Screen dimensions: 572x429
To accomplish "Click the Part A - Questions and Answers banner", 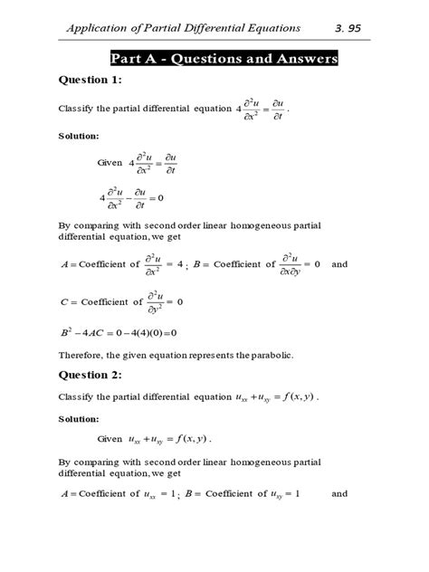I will (224, 60).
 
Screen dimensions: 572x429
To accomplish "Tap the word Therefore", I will (81, 354).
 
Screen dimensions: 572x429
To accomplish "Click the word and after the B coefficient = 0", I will (339, 264).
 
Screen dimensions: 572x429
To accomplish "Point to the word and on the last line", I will (339, 494).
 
